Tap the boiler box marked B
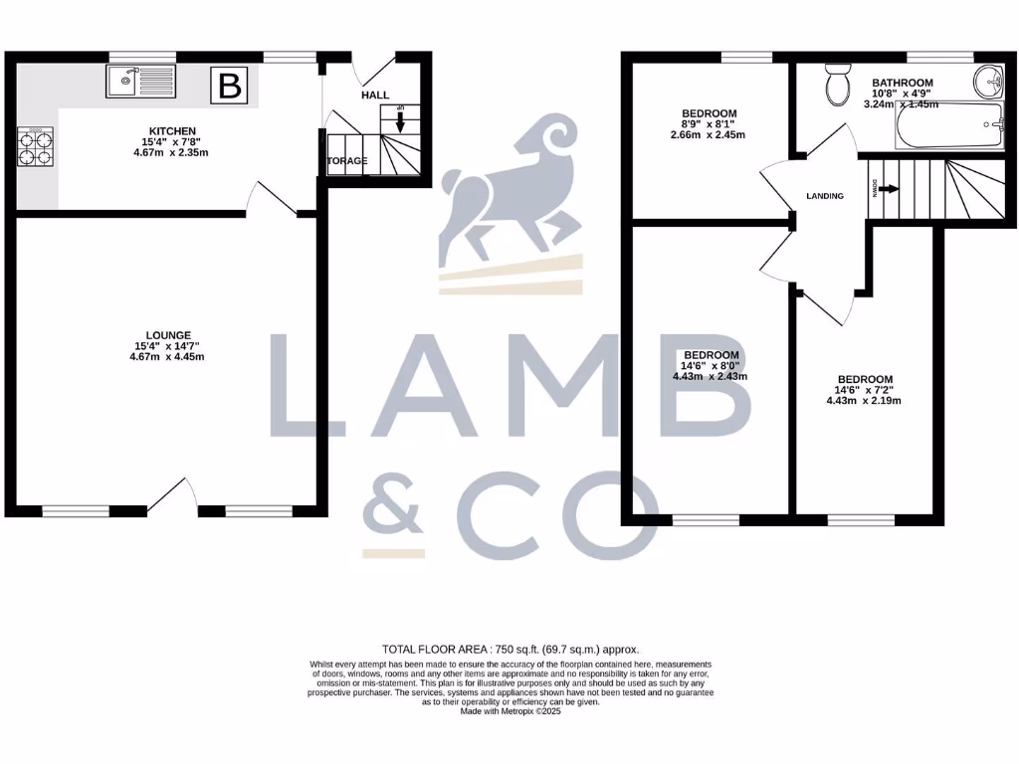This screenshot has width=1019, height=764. pyautogui.click(x=230, y=87)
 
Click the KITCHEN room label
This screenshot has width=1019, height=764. pyautogui.click(x=172, y=131)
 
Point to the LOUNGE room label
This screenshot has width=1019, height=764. pyautogui.click(x=167, y=335)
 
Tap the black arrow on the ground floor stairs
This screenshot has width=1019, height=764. pyautogui.click(x=399, y=121)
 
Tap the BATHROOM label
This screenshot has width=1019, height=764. pyautogui.click(x=903, y=83)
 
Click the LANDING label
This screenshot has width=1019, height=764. pyautogui.click(x=825, y=196)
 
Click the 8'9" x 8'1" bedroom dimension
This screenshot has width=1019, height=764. pyautogui.click(x=710, y=124)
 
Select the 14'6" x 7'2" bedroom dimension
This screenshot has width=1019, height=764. pyautogui.click(x=864, y=390)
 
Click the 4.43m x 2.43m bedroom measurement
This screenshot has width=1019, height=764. pyautogui.click(x=711, y=376)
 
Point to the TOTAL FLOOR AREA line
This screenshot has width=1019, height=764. pyautogui.click(x=509, y=648)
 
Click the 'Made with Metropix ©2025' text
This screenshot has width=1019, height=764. pyautogui.click(x=509, y=711)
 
